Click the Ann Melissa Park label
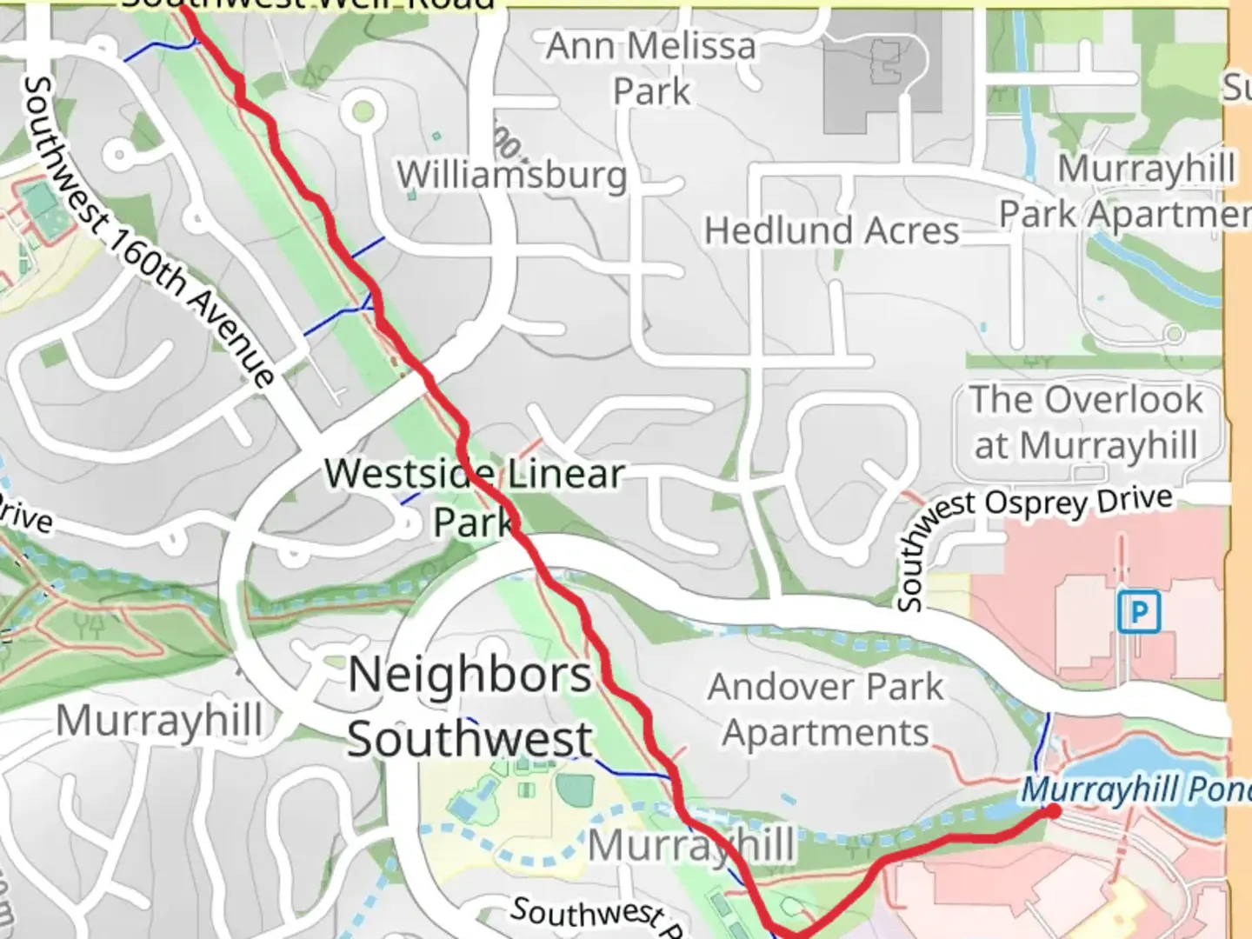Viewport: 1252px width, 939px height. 651,68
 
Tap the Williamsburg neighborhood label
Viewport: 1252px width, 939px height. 512,175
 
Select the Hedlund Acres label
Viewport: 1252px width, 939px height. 831,231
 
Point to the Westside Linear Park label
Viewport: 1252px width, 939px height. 475,496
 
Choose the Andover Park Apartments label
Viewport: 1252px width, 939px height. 825,709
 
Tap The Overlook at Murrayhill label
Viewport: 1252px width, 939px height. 1086,423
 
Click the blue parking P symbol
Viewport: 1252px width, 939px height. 1138,613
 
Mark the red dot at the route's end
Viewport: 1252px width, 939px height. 1053,811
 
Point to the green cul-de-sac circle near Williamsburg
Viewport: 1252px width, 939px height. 363,111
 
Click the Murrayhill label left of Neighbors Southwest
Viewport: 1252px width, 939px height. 159,721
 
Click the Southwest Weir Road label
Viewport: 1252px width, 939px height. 309,4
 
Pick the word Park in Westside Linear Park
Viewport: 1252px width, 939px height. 475,523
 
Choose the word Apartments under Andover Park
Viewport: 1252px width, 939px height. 825,733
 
